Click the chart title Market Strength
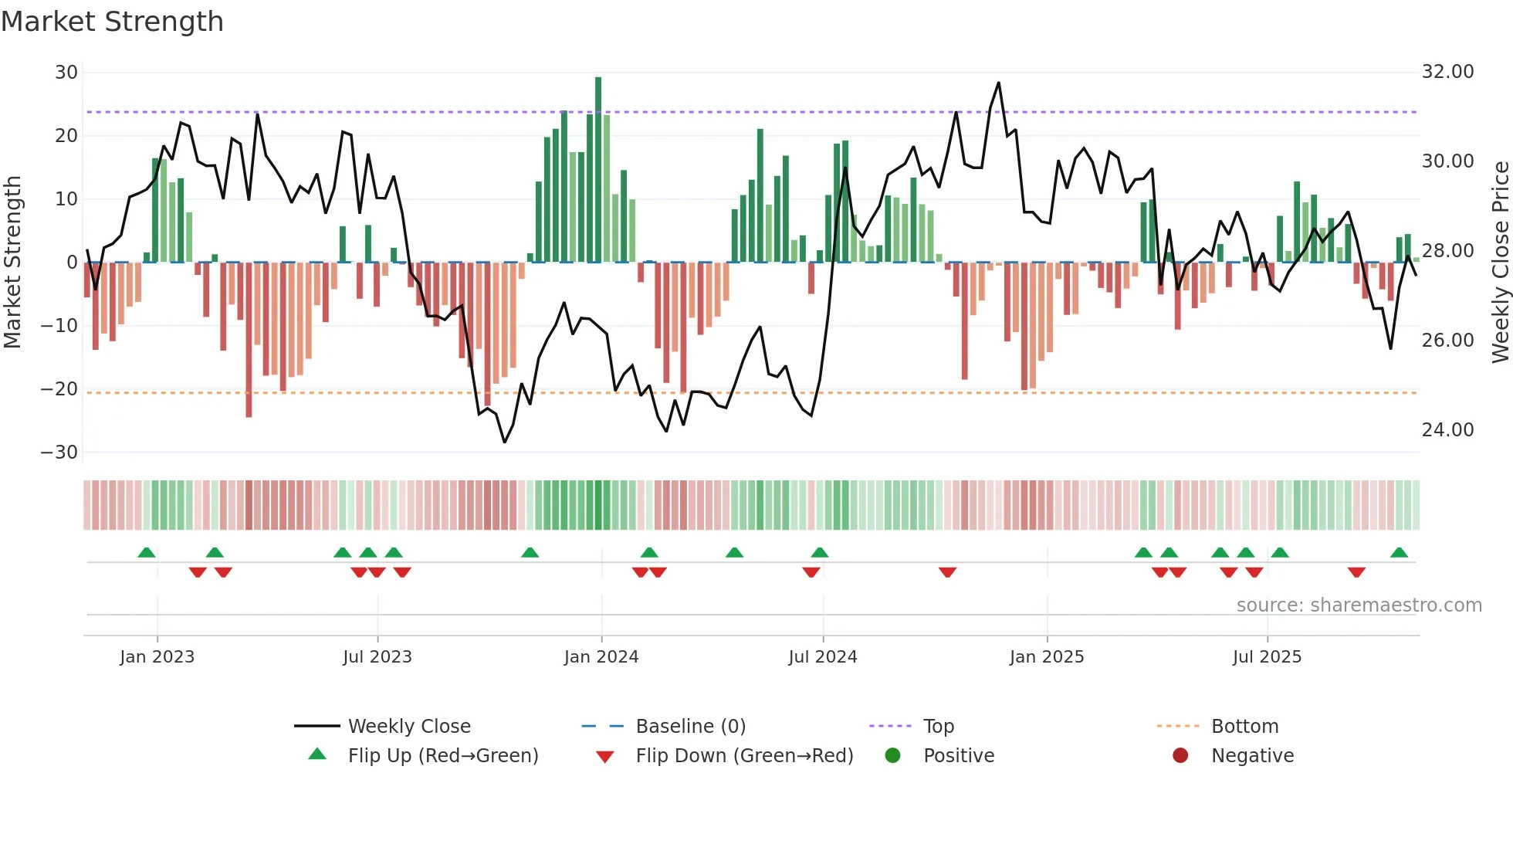[112, 22]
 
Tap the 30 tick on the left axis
[66, 73]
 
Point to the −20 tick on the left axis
[59, 389]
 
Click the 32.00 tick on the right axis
[1447, 72]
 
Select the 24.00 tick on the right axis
[1447, 430]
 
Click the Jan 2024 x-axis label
[601, 657]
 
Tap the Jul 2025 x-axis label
[1267, 657]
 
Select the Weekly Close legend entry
[408, 727]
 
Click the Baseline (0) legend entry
[690, 727]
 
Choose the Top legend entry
[939, 727]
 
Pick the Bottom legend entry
[1244, 727]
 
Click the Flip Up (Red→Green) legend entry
[442, 756]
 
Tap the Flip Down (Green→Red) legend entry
[744, 756]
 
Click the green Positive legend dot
[893, 756]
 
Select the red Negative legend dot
[1180, 756]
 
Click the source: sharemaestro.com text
[1359, 605]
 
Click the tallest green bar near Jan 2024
[598, 170]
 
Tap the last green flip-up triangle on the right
[1399, 553]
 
